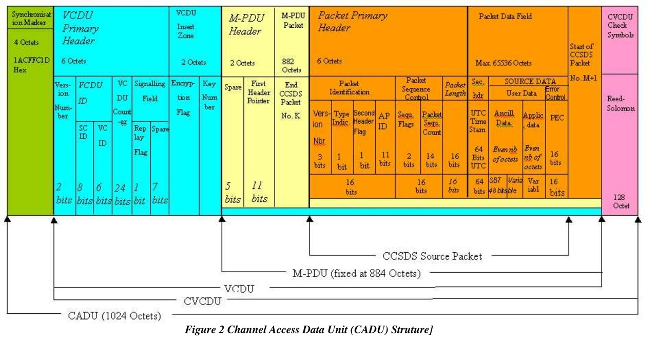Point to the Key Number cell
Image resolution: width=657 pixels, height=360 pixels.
click(x=209, y=96)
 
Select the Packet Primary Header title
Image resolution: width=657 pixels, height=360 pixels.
click(x=352, y=22)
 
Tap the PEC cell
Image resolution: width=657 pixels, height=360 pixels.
click(x=556, y=118)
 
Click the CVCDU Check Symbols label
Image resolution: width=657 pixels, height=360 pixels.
click(x=620, y=26)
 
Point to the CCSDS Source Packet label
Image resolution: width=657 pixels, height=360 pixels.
click(x=432, y=256)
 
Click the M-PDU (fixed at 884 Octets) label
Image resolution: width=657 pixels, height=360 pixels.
click(x=356, y=274)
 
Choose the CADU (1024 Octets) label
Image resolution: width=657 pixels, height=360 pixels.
click(x=114, y=315)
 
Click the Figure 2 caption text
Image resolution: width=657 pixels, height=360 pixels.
click(x=309, y=330)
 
